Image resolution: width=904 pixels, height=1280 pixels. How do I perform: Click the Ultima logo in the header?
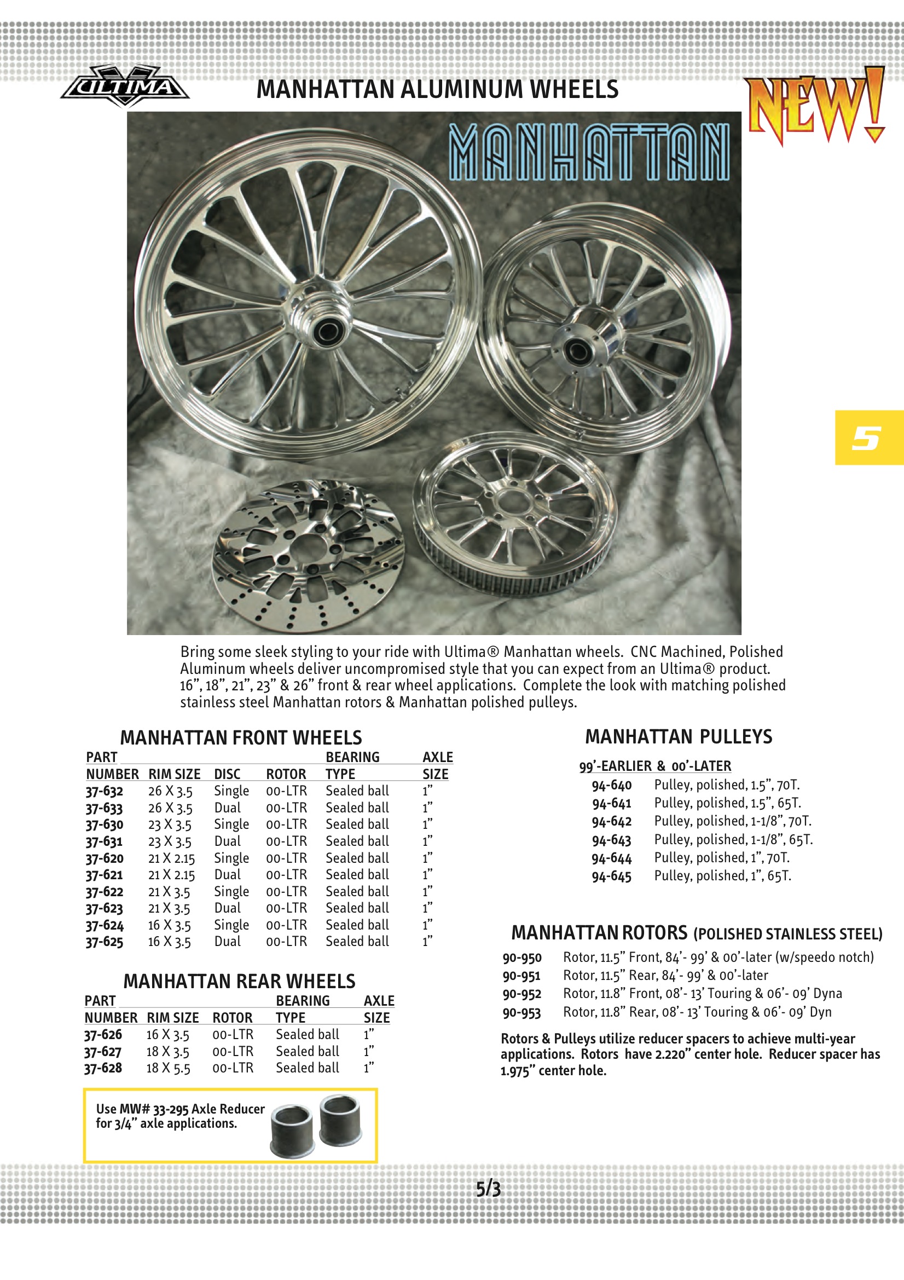point(125,87)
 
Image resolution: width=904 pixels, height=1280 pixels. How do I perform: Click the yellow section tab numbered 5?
point(868,437)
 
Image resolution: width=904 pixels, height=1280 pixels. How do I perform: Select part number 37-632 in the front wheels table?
point(104,791)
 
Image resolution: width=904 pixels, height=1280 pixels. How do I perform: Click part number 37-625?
point(104,942)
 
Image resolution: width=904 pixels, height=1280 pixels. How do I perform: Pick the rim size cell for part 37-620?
point(171,858)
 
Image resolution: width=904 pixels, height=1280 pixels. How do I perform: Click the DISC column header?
point(227,774)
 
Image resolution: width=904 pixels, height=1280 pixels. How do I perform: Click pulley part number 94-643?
point(611,840)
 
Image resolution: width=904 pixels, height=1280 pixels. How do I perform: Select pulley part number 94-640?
point(611,785)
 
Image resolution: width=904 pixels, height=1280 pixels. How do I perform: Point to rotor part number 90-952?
point(521,994)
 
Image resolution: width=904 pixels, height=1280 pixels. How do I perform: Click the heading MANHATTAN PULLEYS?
point(679,736)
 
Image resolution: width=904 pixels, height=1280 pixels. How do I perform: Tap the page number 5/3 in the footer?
point(488,1189)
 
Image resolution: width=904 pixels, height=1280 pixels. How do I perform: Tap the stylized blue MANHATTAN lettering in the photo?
point(589,152)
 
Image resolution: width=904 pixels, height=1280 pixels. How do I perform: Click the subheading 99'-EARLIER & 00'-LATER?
point(655,766)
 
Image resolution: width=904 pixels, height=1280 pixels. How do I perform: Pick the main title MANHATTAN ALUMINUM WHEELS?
point(437,89)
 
